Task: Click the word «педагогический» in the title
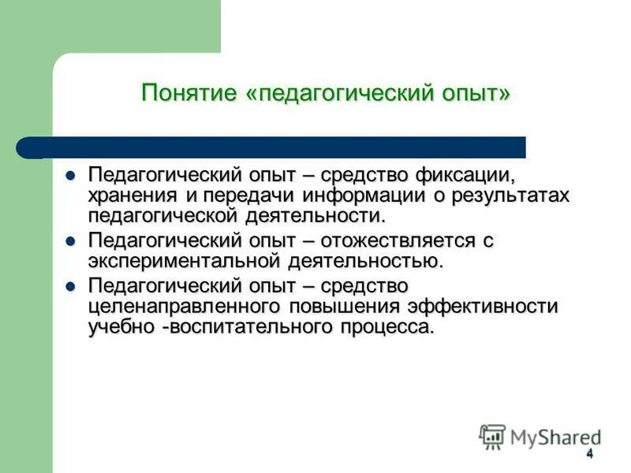point(342,93)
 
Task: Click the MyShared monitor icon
point(492,436)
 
